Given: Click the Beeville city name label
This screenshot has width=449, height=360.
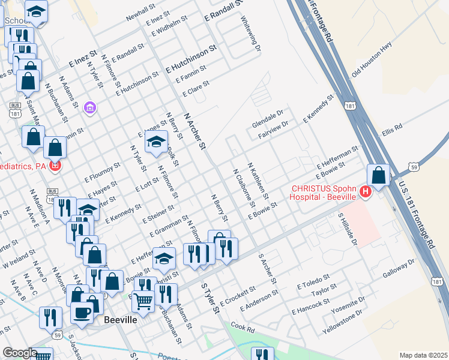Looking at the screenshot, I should point(120,320).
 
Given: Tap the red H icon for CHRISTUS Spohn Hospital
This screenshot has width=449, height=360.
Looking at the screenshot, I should point(365,191).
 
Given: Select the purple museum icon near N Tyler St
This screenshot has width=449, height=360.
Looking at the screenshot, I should point(90,108).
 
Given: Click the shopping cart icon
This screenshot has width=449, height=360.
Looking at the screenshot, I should point(143,300).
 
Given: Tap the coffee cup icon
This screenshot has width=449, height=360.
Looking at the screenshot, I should point(82,311).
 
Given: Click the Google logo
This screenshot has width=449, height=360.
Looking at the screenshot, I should point(20,353).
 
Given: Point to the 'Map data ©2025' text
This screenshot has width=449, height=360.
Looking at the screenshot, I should point(423,355).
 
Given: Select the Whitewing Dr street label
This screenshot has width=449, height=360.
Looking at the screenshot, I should point(252,34).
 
